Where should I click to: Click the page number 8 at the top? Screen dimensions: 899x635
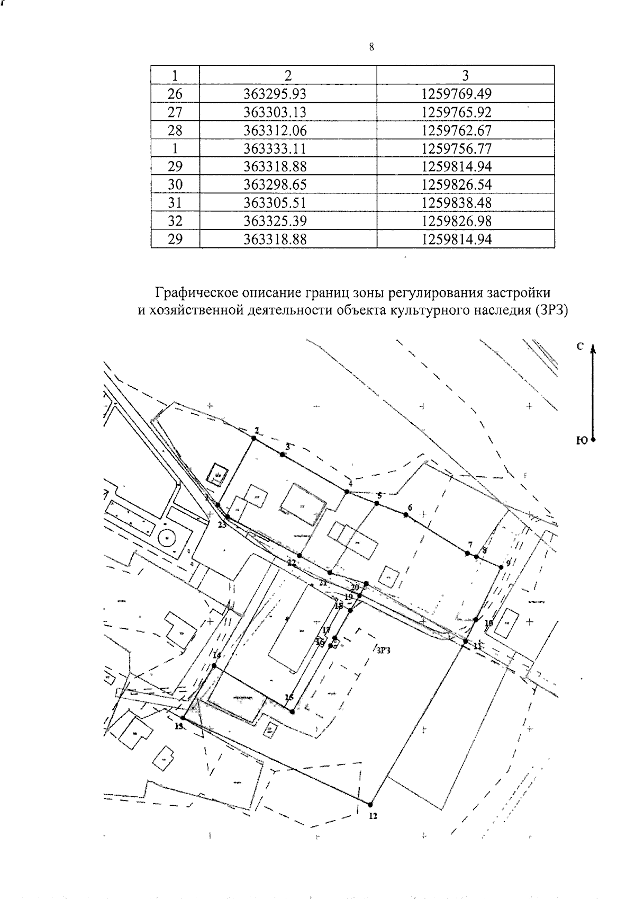371,47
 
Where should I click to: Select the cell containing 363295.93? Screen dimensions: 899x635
275,94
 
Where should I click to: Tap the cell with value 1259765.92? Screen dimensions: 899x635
457,112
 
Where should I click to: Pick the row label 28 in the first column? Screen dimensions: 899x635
175,130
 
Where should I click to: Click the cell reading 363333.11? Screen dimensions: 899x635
275,148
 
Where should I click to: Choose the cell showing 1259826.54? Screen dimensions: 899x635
457,184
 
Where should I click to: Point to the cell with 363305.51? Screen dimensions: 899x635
275,203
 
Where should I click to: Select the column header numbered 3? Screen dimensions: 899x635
465,75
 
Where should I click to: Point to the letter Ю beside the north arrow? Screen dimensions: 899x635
580,440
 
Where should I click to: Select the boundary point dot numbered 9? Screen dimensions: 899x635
500,568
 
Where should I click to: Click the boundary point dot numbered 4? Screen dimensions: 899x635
347,492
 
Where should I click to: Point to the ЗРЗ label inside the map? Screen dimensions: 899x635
383,652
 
